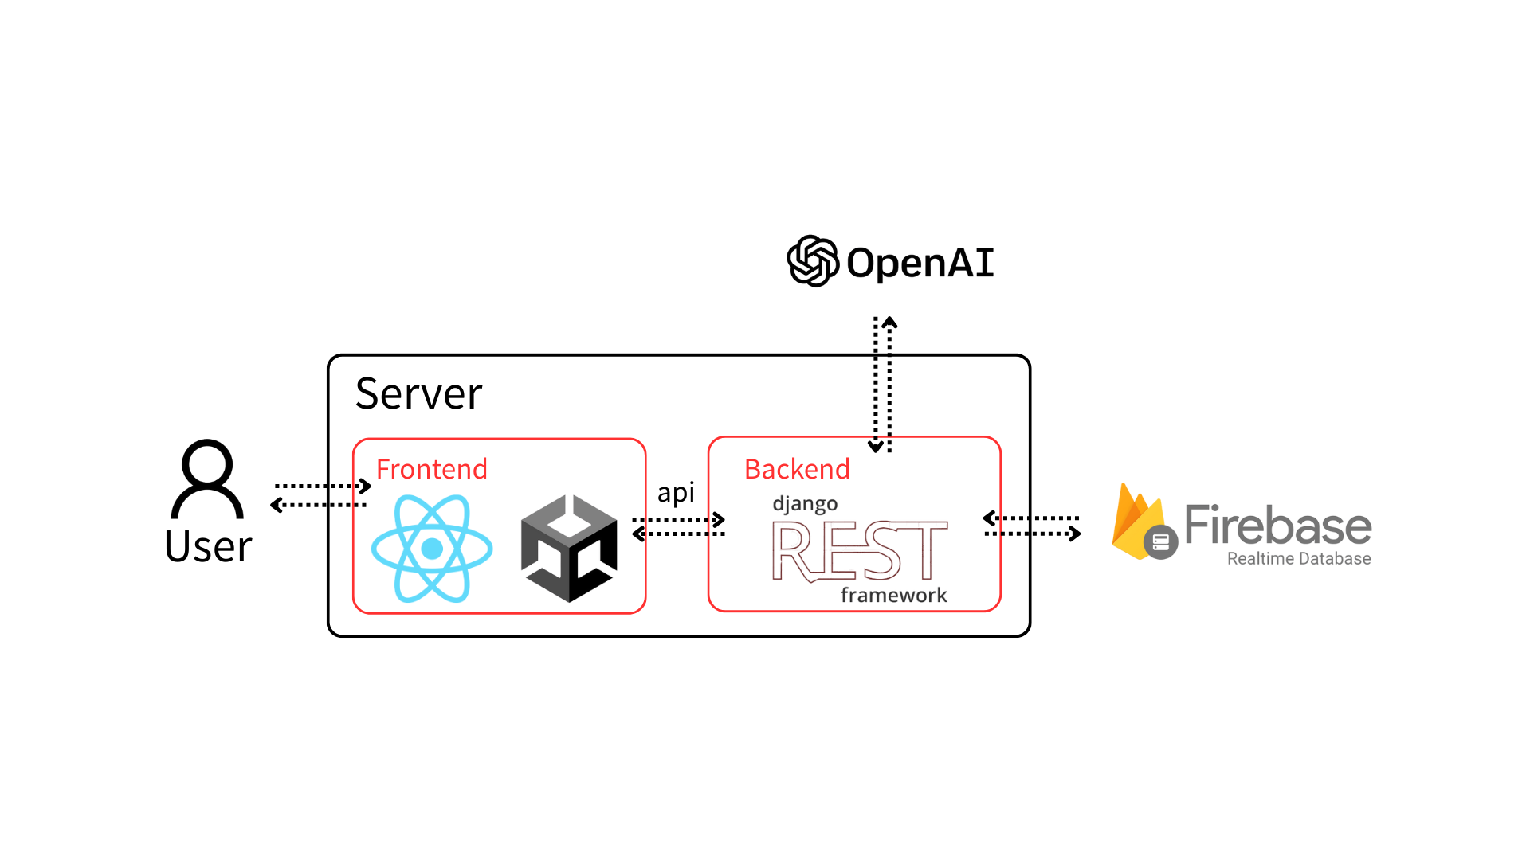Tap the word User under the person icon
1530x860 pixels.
(208, 546)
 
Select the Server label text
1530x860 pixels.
(418, 393)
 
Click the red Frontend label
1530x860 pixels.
(431, 469)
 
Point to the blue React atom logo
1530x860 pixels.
(432, 548)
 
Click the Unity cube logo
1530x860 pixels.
(569, 548)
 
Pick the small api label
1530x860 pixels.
(676, 493)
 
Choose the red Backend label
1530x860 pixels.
(797, 469)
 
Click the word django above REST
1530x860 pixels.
(805, 504)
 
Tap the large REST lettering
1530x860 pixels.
(860, 550)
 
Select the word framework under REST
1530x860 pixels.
(893, 595)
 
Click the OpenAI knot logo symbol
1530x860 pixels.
(813, 261)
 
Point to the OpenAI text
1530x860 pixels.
(920, 263)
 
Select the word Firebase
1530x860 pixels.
(1277, 526)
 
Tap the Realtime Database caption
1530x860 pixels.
(1298, 559)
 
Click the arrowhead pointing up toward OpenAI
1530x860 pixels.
(890, 322)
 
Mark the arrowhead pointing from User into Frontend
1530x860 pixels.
(366, 486)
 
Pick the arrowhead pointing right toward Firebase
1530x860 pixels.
(1075, 534)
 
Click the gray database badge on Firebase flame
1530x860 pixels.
(1161, 542)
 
